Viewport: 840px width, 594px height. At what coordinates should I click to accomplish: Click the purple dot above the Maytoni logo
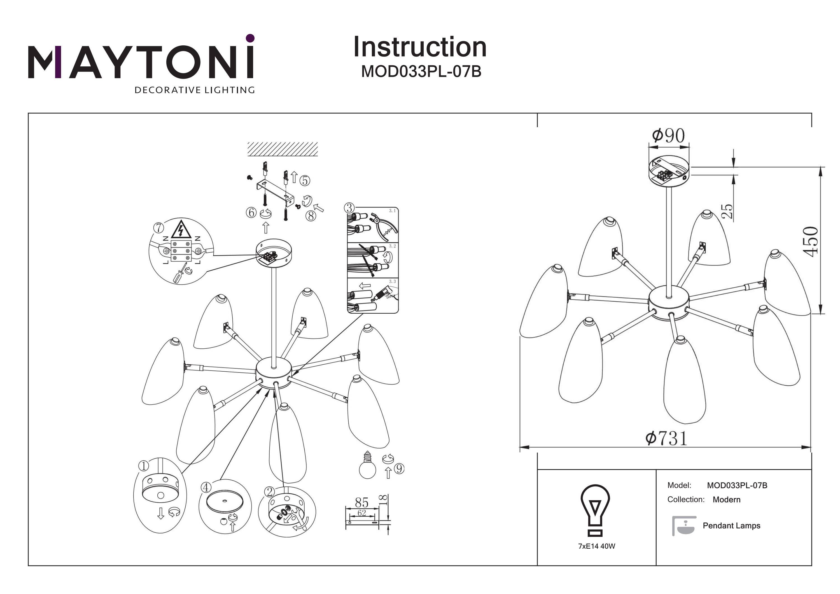point(250,38)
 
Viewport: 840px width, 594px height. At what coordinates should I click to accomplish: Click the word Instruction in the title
point(420,47)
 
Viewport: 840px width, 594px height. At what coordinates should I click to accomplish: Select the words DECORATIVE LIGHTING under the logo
point(195,90)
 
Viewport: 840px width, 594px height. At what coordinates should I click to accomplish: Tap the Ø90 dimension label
point(668,136)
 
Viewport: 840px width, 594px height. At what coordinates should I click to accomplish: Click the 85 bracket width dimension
point(361,502)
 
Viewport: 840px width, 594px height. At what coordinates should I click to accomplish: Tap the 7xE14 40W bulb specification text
point(597,546)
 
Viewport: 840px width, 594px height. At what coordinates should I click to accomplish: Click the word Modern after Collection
point(726,500)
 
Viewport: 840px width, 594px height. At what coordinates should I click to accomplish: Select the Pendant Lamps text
point(731,526)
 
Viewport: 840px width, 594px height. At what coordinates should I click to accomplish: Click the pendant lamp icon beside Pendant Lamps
point(683,526)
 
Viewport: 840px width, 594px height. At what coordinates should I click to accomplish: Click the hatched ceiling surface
point(283,149)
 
